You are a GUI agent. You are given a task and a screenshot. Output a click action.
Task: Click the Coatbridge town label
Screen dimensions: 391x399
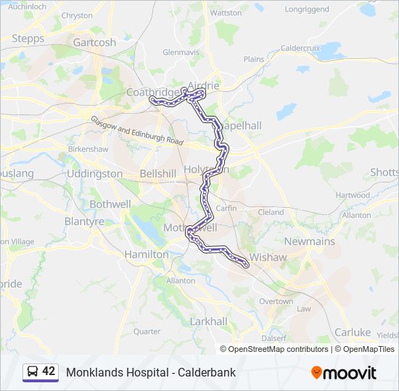pos(151,92)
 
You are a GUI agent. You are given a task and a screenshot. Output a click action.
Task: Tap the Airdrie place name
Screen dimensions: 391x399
pos(203,85)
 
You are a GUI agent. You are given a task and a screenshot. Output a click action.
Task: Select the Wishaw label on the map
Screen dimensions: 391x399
pos(268,257)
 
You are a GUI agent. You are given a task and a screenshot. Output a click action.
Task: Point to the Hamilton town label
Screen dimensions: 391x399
pos(146,254)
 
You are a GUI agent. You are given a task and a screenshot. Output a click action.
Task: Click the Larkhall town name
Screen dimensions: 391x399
pos(208,321)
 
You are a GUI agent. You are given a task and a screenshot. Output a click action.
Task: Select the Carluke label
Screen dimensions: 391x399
pos(353,332)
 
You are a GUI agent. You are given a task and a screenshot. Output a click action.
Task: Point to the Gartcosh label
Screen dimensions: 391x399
pos(94,42)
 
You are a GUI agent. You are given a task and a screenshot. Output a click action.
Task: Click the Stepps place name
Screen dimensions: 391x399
pos(28,38)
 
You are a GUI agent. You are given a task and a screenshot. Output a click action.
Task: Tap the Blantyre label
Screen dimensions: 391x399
pos(84,222)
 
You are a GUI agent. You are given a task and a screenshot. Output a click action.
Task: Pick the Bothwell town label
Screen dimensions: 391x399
pos(110,204)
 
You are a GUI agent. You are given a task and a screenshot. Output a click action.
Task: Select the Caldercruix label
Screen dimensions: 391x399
pos(300,48)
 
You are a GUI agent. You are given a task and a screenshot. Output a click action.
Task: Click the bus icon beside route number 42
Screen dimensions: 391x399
pos(33,372)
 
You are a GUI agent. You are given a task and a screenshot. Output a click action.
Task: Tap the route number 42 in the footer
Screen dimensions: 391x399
pos(49,371)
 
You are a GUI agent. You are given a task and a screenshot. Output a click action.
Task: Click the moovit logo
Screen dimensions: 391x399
pos(344,373)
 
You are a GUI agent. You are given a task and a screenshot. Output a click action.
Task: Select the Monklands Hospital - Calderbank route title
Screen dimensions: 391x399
pos(151,373)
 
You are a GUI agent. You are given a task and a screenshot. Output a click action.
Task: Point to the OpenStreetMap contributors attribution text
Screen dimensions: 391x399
pos(278,349)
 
